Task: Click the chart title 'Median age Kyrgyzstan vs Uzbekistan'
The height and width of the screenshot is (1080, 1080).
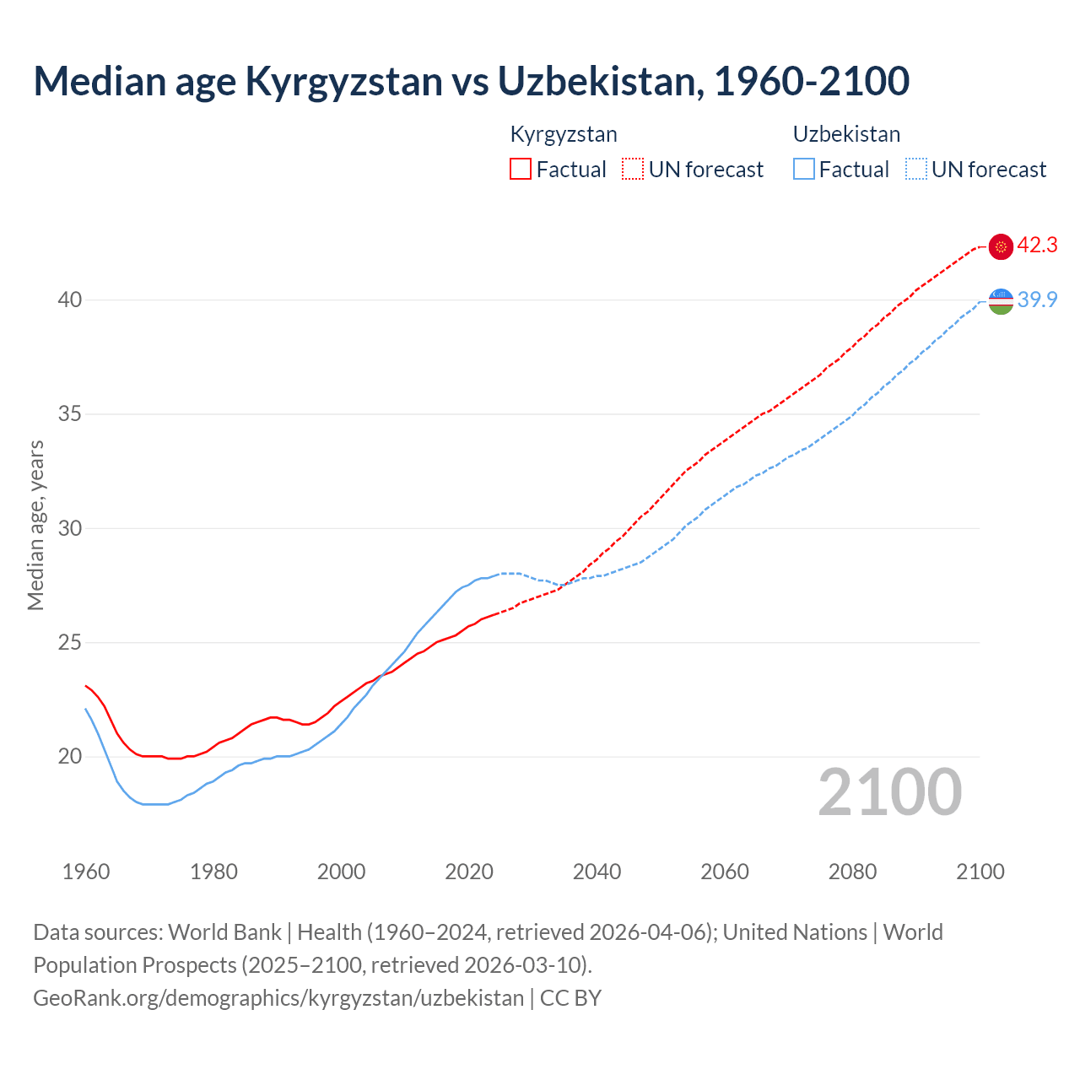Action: click(471, 81)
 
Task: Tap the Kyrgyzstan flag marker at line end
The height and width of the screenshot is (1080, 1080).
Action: click(1001, 246)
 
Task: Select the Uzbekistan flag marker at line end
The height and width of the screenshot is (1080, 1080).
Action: click(1001, 300)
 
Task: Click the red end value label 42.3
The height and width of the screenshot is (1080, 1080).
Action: click(1037, 246)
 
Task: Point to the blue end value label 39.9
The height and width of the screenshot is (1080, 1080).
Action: click(1037, 300)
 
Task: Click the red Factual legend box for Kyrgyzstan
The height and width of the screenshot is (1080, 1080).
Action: click(521, 169)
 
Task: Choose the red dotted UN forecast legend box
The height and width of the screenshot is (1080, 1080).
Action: click(633, 169)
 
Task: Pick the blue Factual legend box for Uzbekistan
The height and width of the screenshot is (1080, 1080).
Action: click(804, 169)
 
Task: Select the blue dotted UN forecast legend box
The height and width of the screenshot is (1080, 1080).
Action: click(916, 169)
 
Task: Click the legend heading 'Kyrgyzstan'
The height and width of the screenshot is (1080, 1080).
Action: click(564, 134)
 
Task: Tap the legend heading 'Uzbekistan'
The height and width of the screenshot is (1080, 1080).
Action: click(846, 134)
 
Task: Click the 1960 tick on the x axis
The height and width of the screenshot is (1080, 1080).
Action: click(86, 872)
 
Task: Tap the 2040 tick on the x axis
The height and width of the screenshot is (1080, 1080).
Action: click(597, 872)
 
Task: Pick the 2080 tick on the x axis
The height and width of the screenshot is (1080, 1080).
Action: click(852, 872)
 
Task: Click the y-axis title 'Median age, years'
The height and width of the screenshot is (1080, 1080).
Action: click(35, 525)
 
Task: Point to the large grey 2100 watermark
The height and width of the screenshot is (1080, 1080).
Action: click(890, 791)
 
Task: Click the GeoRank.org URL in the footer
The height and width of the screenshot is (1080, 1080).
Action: click(278, 998)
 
